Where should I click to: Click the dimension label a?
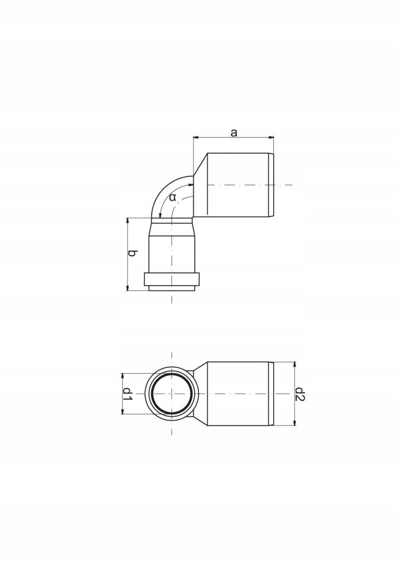[x=234, y=133]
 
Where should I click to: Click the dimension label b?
[x=132, y=253]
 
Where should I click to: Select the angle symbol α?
[x=173, y=197]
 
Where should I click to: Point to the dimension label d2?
[x=300, y=394]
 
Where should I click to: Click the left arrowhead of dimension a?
[x=196, y=137]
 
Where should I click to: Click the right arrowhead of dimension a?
[x=272, y=137]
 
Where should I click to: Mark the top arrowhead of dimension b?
[x=128, y=220]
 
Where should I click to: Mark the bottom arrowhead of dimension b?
[x=128, y=288]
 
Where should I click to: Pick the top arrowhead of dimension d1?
[x=123, y=376]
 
